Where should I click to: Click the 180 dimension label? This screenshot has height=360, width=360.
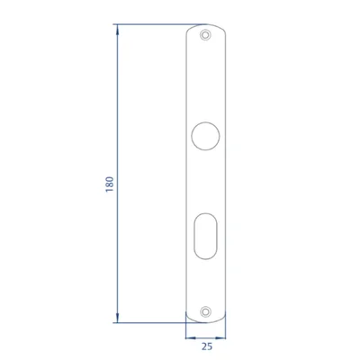(110, 184)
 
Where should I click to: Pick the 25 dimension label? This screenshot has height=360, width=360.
(207, 346)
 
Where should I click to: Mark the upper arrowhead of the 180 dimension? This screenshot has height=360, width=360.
(117, 30)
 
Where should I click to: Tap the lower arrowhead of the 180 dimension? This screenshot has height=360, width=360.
(117, 318)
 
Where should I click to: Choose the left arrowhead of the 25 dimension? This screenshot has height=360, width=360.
(191, 337)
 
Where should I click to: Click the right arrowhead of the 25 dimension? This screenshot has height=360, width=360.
(220, 337)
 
